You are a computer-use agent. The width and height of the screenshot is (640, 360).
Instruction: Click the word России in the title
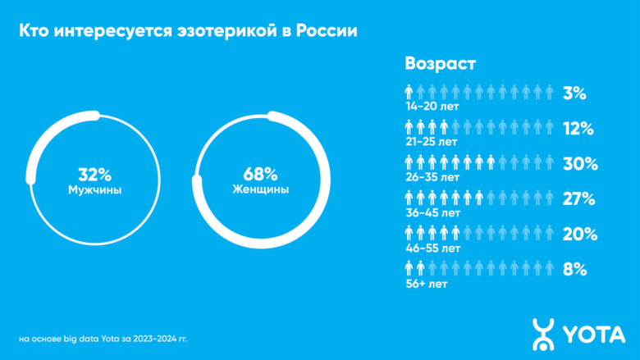[x=328, y=31]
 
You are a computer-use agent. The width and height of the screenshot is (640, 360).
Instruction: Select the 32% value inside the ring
[x=94, y=174]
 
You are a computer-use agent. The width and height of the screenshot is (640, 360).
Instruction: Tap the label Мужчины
[x=94, y=189]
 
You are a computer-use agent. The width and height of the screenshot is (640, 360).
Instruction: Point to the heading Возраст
[x=441, y=63]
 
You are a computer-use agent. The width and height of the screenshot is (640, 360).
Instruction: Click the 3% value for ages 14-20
[x=574, y=93]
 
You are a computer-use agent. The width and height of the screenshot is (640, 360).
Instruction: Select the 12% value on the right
[x=578, y=129]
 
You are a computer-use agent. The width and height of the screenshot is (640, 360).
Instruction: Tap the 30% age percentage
[x=578, y=163]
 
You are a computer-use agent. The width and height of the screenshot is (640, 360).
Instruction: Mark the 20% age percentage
[x=578, y=233]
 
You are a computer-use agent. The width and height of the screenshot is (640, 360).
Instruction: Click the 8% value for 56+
[x=574, y=268]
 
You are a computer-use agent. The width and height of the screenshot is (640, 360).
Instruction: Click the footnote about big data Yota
[x=108, y=337]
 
